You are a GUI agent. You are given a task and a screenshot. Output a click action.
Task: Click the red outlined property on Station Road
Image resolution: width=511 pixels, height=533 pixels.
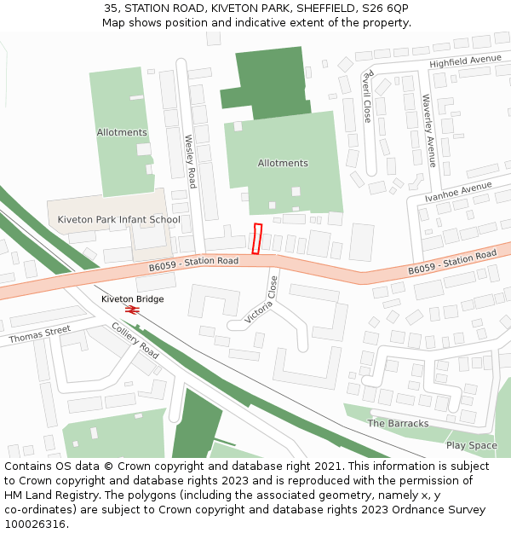coord(258,238)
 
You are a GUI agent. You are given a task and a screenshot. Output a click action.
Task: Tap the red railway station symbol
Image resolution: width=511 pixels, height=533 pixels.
coord(131,310)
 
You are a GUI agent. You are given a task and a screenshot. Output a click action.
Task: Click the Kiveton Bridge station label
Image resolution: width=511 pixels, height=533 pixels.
coord(132,299)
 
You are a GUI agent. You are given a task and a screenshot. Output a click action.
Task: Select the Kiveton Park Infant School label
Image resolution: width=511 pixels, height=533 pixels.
coord(118,219)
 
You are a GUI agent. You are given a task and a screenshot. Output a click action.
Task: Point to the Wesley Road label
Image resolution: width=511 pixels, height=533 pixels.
coord(191,161)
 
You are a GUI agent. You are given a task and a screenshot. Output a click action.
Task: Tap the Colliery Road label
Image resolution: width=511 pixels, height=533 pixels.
coord(135,340)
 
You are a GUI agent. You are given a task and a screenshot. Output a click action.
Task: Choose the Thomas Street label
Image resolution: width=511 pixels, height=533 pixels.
coord(40,335)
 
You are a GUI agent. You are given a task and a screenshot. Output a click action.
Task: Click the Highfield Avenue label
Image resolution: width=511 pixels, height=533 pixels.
coord(465,61)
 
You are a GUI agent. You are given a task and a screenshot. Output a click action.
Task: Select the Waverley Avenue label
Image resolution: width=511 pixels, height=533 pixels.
coord(429,130)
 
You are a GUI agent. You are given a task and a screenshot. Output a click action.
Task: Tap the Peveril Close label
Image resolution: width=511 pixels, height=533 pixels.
coord(367,96)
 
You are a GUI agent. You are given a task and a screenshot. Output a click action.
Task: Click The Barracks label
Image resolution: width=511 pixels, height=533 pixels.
coord(398,423)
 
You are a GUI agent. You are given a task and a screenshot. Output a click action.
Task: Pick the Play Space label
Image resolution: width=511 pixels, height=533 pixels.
coord(471,445)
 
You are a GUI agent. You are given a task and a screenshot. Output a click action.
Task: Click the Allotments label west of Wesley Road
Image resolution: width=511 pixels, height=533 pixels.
coord(122,132)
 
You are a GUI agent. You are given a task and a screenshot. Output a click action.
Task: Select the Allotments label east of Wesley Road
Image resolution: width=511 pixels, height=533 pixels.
coord(283,163)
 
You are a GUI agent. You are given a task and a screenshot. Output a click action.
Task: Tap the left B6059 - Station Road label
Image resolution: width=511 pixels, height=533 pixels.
coord(193,264)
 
